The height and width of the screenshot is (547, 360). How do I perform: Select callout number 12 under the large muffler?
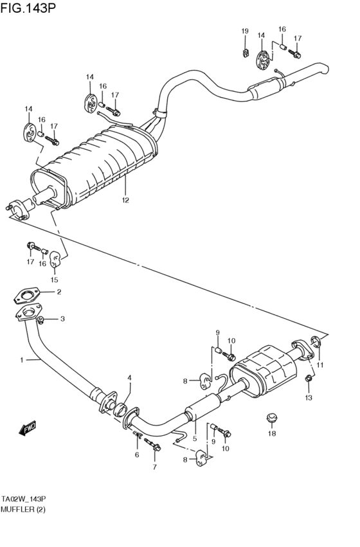pos(125,200)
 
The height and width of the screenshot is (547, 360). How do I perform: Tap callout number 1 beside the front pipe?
pos(21,360)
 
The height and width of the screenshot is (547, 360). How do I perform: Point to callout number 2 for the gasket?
pos(59,292)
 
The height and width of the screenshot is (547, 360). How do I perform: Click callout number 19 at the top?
pos(244,31)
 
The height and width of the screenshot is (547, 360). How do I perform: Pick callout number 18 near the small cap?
pos(271,434)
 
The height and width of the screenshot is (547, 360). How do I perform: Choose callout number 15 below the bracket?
pos(55,280)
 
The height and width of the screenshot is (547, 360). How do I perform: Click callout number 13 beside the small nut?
pos(308,398)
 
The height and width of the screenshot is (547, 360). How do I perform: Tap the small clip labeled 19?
pos(245,51)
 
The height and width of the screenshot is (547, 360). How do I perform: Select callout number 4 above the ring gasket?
pos(129,377)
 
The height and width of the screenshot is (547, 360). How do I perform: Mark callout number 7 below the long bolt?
pos(154,467)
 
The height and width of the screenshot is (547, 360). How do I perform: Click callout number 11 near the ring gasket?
pos(320,366)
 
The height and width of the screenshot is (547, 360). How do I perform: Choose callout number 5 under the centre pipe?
pos(194,438)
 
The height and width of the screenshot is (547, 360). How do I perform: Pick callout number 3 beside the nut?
pos(62,319)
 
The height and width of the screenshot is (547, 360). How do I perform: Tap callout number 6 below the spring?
pos(137,454)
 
